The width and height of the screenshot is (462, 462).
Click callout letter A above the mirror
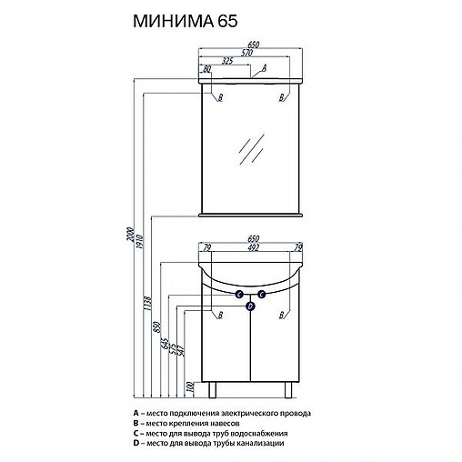coord(263,68)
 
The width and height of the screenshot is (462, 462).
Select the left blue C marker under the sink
coord(238,294)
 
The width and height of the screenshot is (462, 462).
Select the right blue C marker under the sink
coord(260,294)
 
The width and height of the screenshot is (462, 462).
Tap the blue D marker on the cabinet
coord(249,306)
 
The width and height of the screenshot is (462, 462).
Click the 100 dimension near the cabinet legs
coord(190,387)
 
